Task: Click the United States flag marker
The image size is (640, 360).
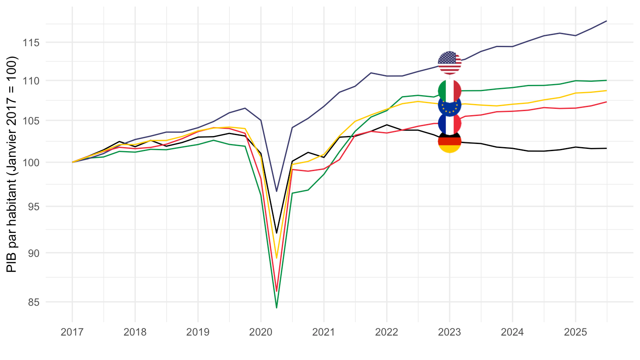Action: point(449,63)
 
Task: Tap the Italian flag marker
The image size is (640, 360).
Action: point(449,91)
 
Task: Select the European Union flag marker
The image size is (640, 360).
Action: point(449,105)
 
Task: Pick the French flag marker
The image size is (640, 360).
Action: point(449,123)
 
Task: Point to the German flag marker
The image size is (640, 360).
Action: point(449,141)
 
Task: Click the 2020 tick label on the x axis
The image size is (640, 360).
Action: point(260,332)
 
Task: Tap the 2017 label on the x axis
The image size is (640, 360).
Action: point(72,332)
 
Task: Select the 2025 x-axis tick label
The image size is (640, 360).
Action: point(575,332)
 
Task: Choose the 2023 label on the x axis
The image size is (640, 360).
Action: point(449,332)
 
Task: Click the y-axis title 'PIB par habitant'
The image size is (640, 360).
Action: point(12,164)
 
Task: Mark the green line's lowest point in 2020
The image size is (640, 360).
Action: point(276,308)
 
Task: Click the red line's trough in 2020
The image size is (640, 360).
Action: point(276,291)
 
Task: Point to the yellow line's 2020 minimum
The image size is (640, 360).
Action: point(276,258)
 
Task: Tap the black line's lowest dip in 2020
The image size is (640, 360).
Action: point(276,233)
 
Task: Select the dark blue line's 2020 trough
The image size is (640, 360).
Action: point(276,191)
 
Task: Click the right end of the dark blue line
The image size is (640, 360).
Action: point(606,21)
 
